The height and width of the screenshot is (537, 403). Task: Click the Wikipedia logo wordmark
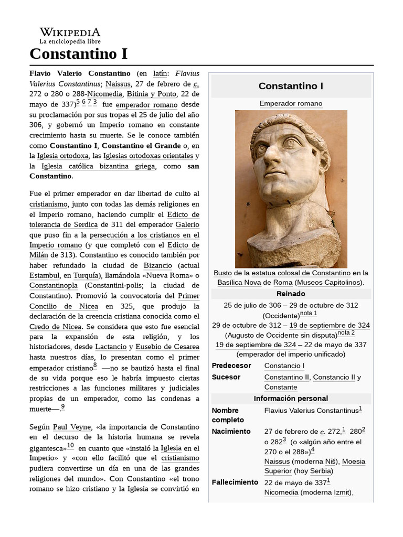(x=70, y=33)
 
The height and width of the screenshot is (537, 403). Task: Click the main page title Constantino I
(x=78, y=53)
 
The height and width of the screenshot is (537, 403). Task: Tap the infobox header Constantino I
(x=291, y=85)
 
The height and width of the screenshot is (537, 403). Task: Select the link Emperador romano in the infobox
(x=291, y=103)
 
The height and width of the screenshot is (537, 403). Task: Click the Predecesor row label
(x=231, y=366)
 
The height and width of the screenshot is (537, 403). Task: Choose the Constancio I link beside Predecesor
(x=284, y=366)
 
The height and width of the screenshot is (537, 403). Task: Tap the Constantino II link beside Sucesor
(x=286, y=377)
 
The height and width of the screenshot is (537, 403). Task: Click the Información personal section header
(x=291, y=399)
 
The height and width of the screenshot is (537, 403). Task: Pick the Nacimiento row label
(x=231, y=431)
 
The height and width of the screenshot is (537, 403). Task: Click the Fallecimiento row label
(x=235, y=482)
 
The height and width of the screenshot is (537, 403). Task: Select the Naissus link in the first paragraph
(x=119, y=83)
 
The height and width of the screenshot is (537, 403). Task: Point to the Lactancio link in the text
(x=111, y=347)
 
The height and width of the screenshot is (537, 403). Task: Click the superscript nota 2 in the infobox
(x=346, y=333)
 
